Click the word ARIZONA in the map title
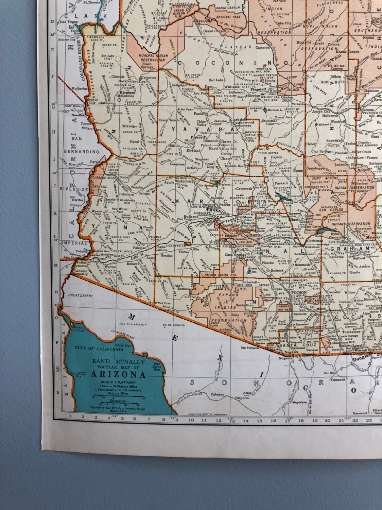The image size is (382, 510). [x=119, y=375]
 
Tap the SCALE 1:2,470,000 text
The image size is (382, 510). [x=119, y=382]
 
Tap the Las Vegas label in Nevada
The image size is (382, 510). [x=68, y=22]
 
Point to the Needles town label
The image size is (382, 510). [x=77, y=115]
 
